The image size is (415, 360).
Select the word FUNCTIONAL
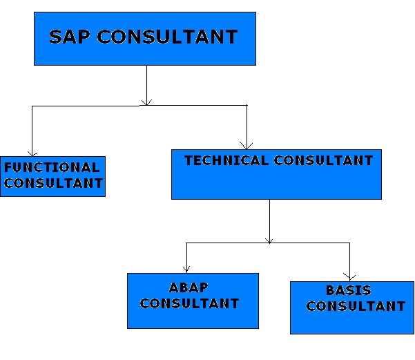(x=52, y=167)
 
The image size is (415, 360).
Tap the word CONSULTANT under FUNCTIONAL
(x=53, y=184)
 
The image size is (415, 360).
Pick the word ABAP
(x=189, y=287)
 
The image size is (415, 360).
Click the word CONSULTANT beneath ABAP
(x=194, y=303)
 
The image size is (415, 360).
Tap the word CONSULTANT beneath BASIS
(x=356, y=306)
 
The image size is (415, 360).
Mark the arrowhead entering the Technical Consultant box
(x=246, y=145)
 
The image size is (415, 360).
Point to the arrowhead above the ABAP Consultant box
(x=186, y=269)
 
